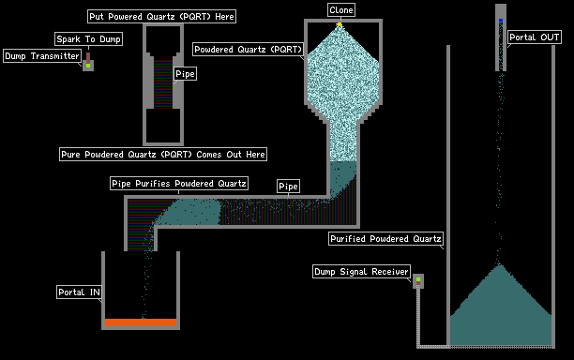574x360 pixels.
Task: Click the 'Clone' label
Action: (x=340, y=10)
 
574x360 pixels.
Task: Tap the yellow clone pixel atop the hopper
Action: (x=340, y=24)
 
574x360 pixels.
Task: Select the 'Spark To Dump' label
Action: (x=88, y=38)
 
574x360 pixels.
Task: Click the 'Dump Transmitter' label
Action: (x=42, y=56)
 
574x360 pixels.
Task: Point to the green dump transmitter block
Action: (x=88, y=66)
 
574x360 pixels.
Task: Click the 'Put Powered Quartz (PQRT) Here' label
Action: (x=161, y=17)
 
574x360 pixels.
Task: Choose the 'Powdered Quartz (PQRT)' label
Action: (x=249, y=49)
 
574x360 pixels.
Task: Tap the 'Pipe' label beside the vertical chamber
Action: (x=185, y=73)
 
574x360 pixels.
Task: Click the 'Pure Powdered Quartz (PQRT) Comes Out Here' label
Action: (x=163, y=154)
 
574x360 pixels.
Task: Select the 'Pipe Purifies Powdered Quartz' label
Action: (x=179, y=183)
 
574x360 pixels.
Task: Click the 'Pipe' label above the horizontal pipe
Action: (x=288, y=186)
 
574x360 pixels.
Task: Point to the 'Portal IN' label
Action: (x=79, y=292)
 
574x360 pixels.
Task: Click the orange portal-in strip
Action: (x=141, y=322)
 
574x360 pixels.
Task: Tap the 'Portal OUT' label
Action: (x=534, y=37)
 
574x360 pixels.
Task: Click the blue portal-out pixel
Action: (x=501, y=21)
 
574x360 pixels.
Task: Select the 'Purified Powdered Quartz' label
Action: (x=385, y=238)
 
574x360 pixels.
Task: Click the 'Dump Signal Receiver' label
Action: (x=361, y=272)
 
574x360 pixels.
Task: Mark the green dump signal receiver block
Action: (x=418, y=279)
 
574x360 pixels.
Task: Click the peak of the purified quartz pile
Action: (x=500, y=264)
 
